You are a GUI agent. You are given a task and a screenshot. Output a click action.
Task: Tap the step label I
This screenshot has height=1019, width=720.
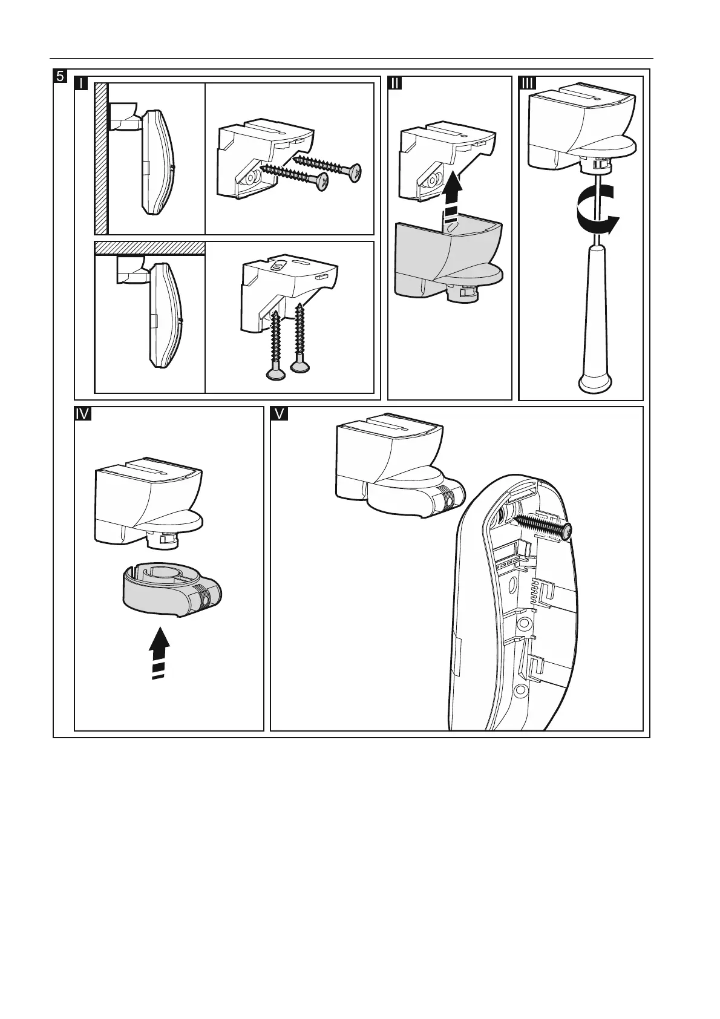pos(80,83)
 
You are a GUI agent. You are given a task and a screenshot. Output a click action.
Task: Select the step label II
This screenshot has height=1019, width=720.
pos(394,83)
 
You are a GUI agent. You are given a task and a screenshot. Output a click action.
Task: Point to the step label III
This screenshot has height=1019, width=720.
pos(527,83)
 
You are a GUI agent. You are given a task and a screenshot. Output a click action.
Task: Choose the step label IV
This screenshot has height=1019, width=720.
pos(82,414)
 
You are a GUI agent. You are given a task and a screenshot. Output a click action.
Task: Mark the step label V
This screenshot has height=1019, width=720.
pos(278,414)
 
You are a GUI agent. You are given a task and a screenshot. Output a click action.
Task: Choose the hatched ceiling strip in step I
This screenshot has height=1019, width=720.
pos(150,248)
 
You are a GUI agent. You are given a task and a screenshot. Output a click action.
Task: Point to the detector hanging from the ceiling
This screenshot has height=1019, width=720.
pos(165,315)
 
